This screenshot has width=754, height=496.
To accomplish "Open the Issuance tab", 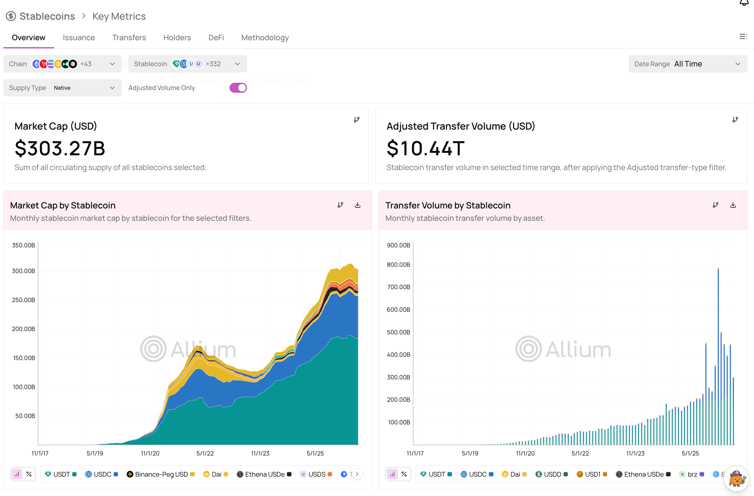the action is [79, 38].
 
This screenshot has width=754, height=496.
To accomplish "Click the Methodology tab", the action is [265, 38].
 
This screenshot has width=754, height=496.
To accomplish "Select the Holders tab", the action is [177, 38].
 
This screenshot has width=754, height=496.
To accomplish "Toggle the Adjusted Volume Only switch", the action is [238, 88].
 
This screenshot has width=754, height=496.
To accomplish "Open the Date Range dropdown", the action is [688, 64].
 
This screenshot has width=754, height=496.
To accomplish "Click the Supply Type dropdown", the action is [63, 88].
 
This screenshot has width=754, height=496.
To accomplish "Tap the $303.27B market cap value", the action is [60, 148].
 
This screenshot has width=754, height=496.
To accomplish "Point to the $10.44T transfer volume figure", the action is [426, 148].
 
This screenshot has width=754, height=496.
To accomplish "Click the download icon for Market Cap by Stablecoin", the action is [357, 205].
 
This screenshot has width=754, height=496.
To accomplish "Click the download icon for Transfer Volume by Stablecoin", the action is [733, 205].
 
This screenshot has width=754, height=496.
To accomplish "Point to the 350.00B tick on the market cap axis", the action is [23, 245].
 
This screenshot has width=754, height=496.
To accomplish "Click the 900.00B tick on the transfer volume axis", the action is [398, 245].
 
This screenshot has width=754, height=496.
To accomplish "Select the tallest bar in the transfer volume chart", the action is [718, 356].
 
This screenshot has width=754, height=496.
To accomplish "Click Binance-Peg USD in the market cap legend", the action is [161, 474].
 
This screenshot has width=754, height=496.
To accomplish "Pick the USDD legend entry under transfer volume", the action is [552, 474].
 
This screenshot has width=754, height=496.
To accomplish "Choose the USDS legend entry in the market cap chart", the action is [316, 474].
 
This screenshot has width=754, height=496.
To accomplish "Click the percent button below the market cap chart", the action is [29, 474].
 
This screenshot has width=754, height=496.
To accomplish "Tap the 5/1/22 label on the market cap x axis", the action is [205, 453].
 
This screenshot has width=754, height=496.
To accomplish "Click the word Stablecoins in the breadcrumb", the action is [47, 16].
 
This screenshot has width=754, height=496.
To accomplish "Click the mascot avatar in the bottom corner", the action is [736, 478].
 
